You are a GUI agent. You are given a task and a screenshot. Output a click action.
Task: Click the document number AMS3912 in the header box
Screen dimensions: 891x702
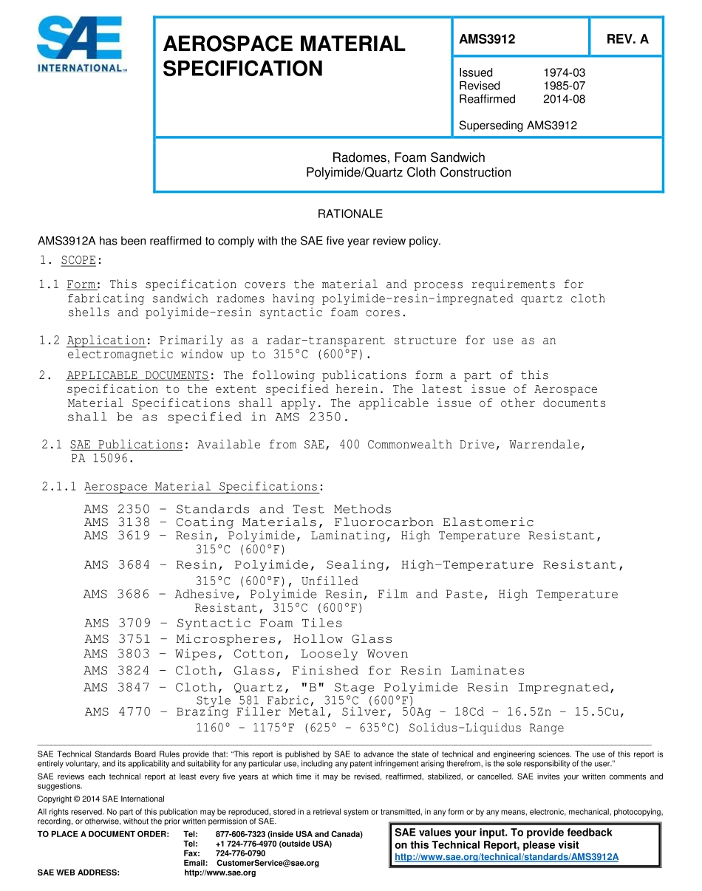487,40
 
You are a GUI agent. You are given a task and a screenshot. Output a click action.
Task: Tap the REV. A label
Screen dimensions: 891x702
627,40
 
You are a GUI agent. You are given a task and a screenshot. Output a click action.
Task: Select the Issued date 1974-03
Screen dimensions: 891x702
564,72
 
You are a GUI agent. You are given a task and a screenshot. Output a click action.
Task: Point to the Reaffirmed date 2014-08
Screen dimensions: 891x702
564,99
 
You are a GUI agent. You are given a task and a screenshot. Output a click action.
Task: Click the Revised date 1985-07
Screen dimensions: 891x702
564,86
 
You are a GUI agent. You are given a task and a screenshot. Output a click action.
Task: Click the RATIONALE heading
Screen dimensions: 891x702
350,214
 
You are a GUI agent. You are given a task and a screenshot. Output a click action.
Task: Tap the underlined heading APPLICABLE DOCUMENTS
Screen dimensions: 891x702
137,375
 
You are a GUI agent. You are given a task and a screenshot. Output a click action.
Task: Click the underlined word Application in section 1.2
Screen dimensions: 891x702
106,341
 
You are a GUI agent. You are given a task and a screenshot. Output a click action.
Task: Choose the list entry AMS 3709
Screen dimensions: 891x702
117,624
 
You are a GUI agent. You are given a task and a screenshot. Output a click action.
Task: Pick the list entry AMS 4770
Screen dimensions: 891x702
117,712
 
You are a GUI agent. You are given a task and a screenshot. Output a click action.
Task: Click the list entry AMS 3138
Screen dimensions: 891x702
117,522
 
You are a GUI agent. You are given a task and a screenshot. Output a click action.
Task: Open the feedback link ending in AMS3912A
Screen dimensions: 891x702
506,857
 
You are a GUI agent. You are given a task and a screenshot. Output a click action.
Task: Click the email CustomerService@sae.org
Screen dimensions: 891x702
267,863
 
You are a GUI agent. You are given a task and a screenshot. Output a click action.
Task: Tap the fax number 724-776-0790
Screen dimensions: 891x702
240,853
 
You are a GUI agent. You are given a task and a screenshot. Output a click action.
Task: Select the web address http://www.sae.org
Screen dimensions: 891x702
219,873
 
